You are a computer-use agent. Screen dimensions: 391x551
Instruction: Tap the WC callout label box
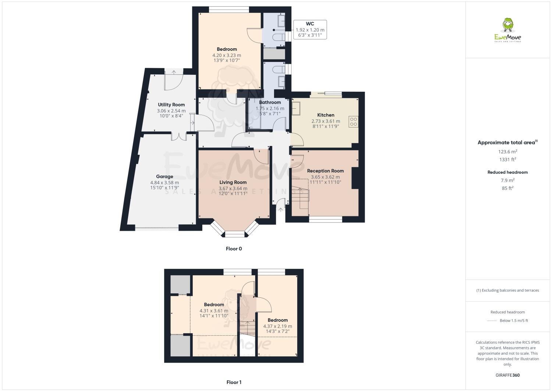(x=310, y=29)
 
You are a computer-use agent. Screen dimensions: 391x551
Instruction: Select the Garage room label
(x=164, y=177)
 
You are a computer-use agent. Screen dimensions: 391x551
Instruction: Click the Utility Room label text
(x=171, y=105)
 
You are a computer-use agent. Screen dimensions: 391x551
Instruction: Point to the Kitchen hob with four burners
(x=354, y=122)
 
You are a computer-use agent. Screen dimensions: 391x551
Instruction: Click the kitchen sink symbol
(x=296, y=108)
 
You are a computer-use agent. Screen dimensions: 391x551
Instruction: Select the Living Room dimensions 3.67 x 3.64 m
(x=233, y=188)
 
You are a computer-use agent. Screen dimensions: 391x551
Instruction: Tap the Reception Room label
(x=325, y=171)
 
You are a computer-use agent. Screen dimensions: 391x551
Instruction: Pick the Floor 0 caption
(x=234, y=249)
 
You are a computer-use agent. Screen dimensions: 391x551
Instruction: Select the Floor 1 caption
(x=234, y=382)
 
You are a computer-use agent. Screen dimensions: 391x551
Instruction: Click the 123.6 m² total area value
(x=508, y=151)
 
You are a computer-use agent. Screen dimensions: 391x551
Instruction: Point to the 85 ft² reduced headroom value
(x=508, y=188)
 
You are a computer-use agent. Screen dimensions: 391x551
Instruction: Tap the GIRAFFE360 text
(x=508, y=375)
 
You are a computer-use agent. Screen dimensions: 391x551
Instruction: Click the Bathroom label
(x=270, y=102)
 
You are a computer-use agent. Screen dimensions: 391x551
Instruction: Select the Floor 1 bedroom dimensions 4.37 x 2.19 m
(x=277, y=326)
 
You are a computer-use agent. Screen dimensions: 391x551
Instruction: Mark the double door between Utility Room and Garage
(x=179, y=136)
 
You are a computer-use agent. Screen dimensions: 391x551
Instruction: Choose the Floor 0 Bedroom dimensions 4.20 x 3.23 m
(x=227, y=55)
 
